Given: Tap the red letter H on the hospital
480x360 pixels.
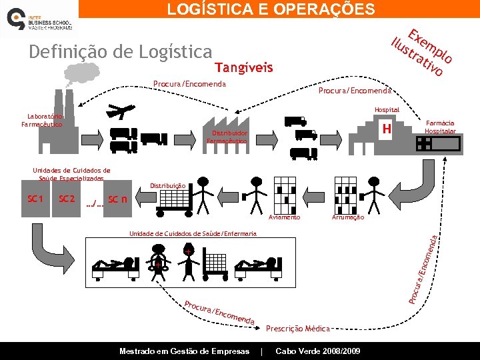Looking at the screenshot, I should (x=384, y=129).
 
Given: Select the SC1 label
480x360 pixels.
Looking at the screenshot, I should (x=35, y=199).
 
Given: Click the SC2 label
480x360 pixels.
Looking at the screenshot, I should (x=67, y=199).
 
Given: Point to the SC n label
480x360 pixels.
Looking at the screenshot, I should (x=117, y=199).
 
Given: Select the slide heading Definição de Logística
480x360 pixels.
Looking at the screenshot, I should (x=120, y=51).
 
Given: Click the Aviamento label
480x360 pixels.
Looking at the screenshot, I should (x=285, y=217).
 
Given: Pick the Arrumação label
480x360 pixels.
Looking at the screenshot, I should (x=348, y=217).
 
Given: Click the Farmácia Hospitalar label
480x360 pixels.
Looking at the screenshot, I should (x=440, y=127).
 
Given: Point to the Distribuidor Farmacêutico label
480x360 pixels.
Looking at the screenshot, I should (x=227, y=137).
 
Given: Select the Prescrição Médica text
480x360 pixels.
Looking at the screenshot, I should (x=297, y=328).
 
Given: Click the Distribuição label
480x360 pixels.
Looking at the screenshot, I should (x=167, y=185).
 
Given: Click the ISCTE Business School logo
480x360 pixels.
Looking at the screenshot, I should (x=40, y=22).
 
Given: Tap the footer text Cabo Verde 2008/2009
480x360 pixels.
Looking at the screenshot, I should (x=318, y=351).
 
